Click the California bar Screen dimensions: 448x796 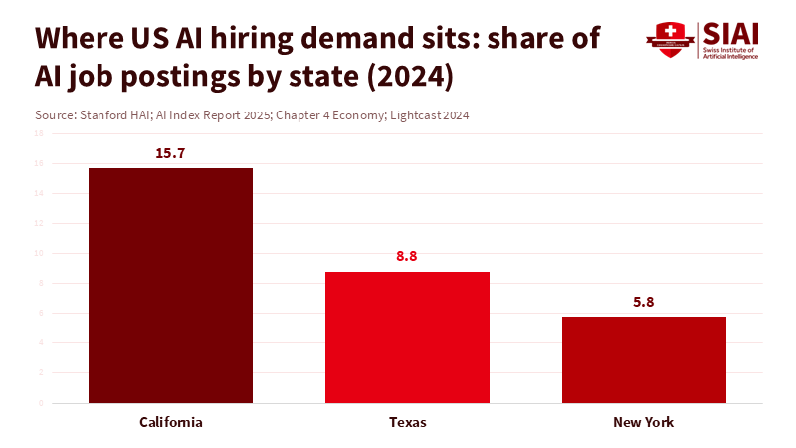click(x=170, y=286)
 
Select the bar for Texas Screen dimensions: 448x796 click(x=408, y=337)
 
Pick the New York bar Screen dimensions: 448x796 click(x=644, y=359)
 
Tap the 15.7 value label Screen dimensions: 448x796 click(x=170, y=154)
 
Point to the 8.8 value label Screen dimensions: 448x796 click(x=407, y=257)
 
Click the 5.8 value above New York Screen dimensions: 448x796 click(x=644, y=302)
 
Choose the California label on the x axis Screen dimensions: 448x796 click(x=170, y=422)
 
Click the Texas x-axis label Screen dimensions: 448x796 click(x=407, y=422)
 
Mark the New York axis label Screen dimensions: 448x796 click(x=644, y=422)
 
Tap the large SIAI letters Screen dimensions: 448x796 click(x=730, y=33)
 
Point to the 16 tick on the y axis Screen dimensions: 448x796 click(x=39, y=163)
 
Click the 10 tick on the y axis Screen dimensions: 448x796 click(x=39, y=253)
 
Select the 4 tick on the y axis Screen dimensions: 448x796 click(x=39, y=343)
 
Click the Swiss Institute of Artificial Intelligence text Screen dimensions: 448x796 click(x=730, y=53)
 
